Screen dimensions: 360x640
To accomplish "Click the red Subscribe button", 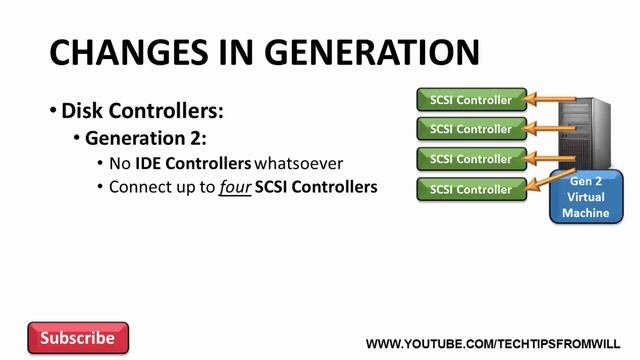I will tap(78, 338).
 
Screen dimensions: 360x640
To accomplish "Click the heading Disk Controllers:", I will tap(142, 111).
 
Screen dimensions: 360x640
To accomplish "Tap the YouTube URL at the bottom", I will tap(495, 344).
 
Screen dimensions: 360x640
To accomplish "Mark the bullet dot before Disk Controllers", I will tap(53, 111).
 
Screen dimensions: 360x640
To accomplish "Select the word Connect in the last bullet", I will tap(136, 187).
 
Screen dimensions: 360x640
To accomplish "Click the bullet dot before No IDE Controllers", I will tap(100, 163).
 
